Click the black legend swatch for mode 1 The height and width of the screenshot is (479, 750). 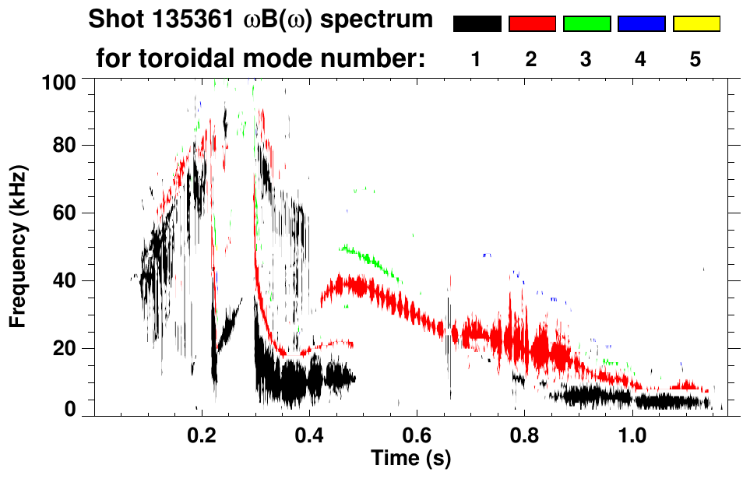click(477, 24)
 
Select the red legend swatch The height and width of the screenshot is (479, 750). click(532, 24)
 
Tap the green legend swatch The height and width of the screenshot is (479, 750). click(586, 24)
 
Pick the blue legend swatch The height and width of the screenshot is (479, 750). click(641, 24)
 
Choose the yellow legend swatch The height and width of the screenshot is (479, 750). click(696, 24)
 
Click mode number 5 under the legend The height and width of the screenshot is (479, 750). click(695, 59)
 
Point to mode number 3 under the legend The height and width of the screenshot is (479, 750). click(586, 59)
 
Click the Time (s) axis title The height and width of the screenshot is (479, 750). click(410, 458)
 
